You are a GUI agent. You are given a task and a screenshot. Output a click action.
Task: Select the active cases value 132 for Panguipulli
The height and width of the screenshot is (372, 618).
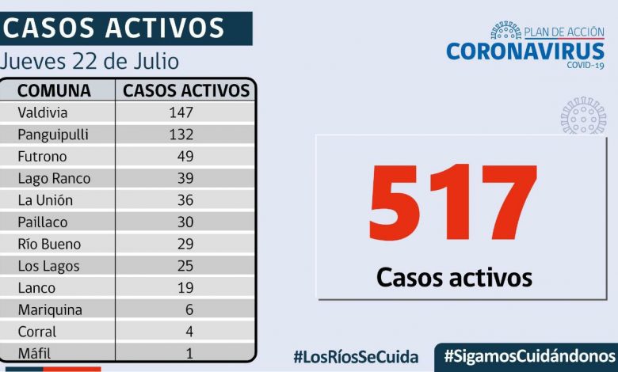[181, 135]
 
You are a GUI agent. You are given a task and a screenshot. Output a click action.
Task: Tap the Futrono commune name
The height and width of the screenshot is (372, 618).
[42, 157]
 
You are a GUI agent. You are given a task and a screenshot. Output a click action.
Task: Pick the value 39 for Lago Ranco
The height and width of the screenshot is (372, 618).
[185, 178]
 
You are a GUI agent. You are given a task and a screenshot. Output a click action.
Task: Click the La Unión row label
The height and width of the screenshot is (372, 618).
[46, 200]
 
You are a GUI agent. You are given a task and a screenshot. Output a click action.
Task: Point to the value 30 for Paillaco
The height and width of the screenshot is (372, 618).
[185, 222]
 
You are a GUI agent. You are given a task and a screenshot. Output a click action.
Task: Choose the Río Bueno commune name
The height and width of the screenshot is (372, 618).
[49, 244]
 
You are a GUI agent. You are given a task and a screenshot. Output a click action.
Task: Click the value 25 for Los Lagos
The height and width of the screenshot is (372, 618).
[185, 266]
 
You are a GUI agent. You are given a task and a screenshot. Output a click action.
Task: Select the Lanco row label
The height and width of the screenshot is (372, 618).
[36, 288]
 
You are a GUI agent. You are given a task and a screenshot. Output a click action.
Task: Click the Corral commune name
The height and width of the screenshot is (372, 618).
[37, 332]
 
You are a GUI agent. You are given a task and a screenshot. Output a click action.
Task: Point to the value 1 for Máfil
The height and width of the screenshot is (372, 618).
[189, 353]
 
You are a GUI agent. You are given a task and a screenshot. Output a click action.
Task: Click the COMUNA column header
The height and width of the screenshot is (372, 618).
[54, 90]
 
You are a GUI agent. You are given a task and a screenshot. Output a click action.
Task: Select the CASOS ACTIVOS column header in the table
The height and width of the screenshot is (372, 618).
[186, 90]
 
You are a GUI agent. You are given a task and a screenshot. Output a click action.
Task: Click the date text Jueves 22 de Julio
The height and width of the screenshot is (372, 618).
[90, 61]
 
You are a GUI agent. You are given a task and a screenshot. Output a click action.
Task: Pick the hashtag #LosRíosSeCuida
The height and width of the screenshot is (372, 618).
[356, 356]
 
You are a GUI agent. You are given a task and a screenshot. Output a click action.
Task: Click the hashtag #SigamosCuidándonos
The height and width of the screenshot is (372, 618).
[529, 355]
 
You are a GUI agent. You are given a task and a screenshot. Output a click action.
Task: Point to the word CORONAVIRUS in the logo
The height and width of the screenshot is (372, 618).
[525, 51]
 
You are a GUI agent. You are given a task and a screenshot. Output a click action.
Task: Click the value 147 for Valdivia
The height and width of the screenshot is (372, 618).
[181, 112]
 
